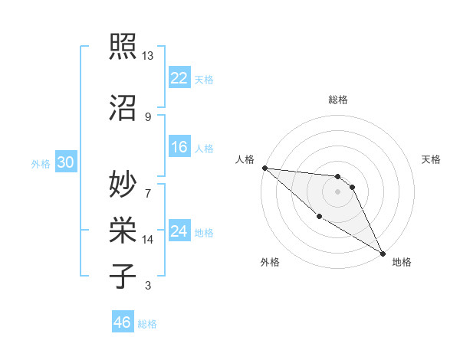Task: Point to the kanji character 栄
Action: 123,229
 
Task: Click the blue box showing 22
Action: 179,78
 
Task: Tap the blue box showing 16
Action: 179,148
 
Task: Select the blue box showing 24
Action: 179,231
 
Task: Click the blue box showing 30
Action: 65,162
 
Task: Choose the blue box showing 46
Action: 123,322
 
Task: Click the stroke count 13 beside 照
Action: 148,56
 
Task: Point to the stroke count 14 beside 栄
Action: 148,240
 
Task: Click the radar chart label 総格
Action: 337,100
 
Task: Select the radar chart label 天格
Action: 431,159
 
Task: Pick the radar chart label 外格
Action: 270,262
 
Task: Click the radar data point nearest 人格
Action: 264,168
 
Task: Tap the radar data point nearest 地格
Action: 383,253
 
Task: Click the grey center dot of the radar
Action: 337,191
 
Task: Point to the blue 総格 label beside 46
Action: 147,324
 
